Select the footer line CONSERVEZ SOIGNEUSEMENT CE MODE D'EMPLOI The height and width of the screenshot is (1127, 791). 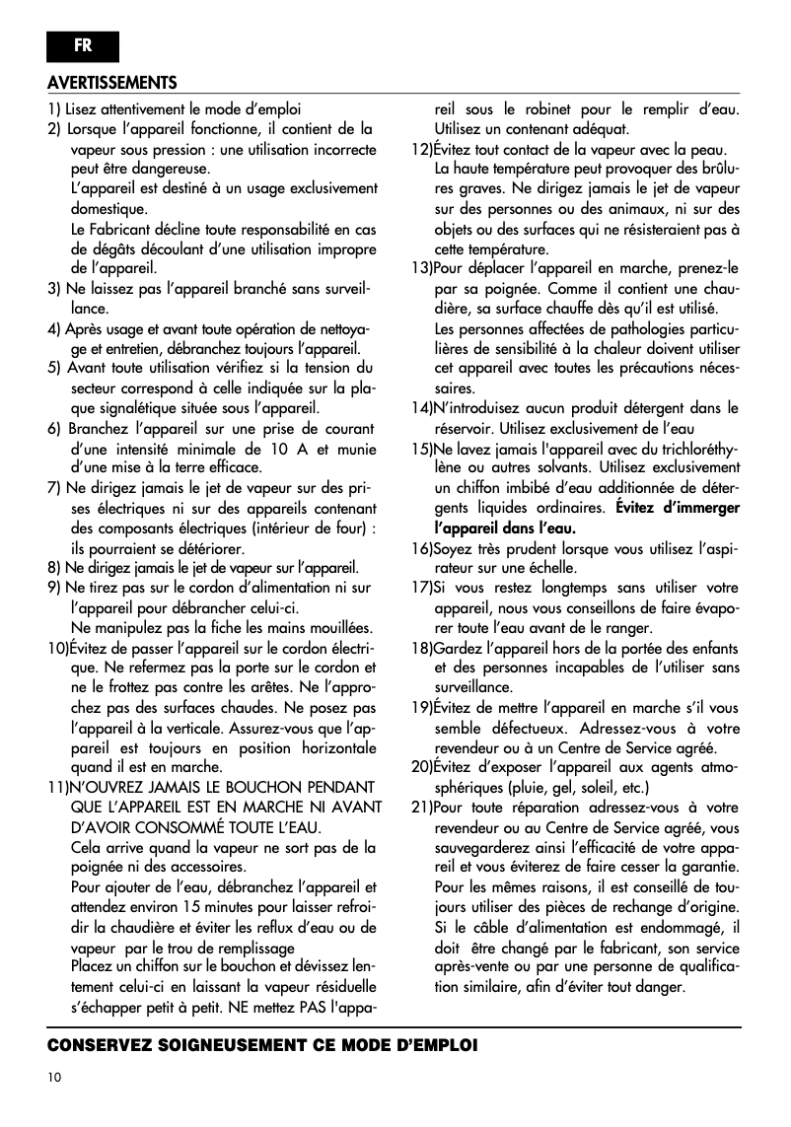click(x=261, y=1044)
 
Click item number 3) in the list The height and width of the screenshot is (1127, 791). click(x=55, y=288)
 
